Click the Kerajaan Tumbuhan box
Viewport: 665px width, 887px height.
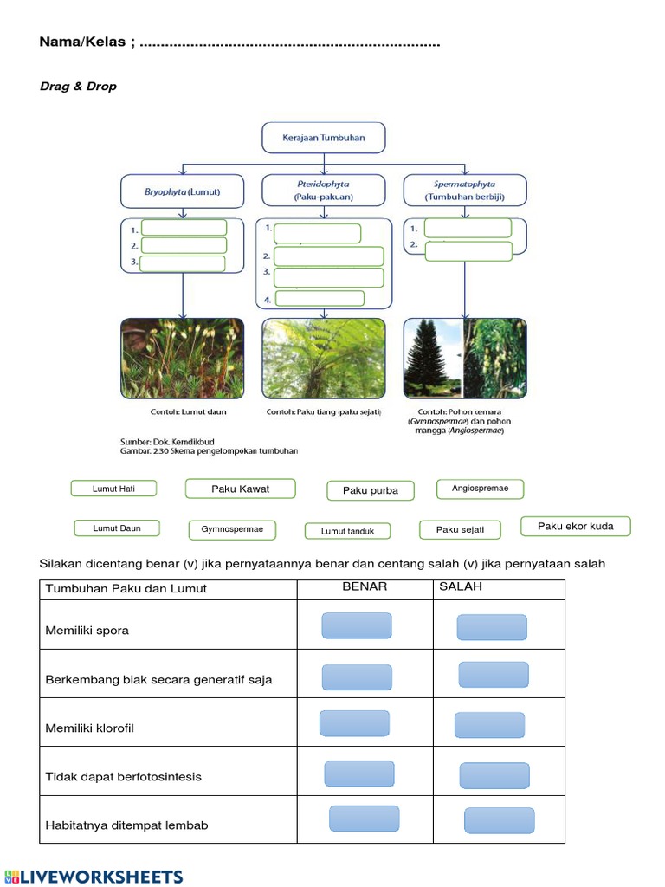click(x=323, y=138)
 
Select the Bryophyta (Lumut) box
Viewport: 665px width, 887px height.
click(x=182, y=191)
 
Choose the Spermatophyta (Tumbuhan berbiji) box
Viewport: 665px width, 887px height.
click(x=464, y=191)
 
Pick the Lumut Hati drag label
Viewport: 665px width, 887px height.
click(x=114, y=489)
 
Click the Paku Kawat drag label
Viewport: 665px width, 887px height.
click(x=240, y=489)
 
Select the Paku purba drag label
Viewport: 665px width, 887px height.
click(x=371, y=490)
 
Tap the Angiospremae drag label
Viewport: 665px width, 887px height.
click(x=480, y=489)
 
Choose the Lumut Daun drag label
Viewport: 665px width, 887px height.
click(x=117, y=528)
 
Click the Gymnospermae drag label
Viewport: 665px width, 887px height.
click(x=232, y=529)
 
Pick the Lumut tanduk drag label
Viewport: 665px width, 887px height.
click(x=347, y=531)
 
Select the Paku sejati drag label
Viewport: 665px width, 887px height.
click(x=460, y=529)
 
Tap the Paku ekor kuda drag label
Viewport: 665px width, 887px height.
click(x=575, y=526)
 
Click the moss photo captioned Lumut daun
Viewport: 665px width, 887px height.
click(x=182, y=359)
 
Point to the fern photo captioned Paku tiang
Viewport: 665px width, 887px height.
click(x=324, y=359)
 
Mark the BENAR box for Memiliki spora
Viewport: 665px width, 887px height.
click(x=357, y=625)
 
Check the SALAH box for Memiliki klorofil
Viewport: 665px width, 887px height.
click(x=489, y=725)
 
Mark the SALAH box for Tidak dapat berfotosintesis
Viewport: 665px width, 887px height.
click(x=494, y=775)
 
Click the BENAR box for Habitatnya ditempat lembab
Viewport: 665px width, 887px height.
click(x=364, y=819)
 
